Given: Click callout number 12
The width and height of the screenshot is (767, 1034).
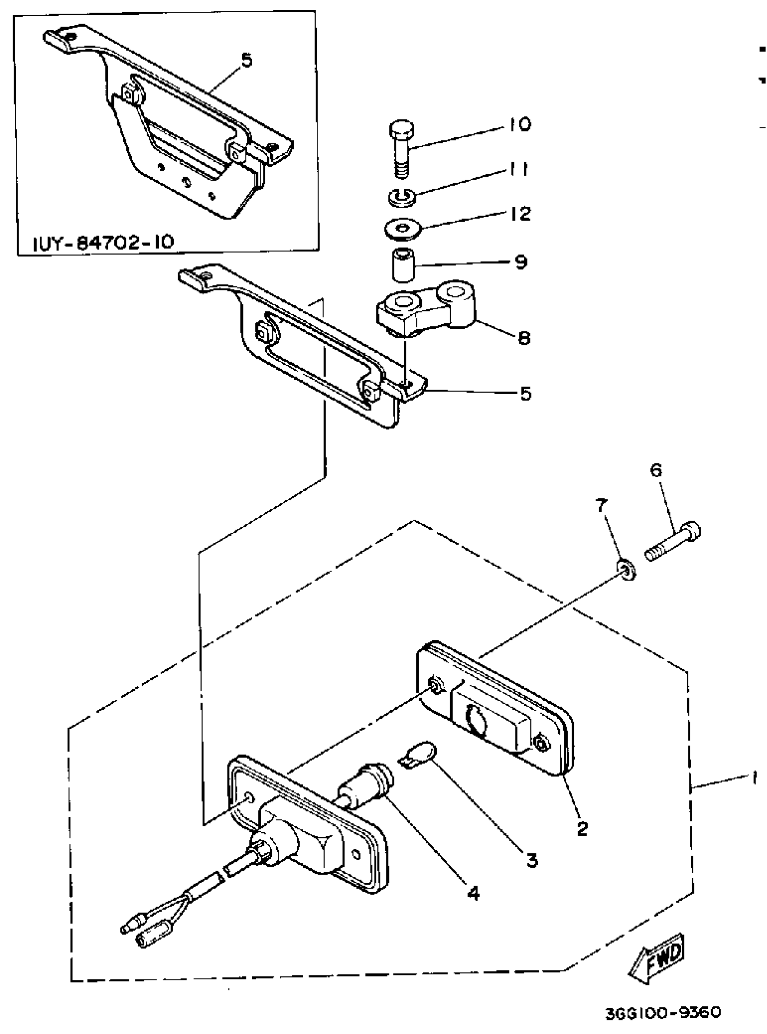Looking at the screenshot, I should tap(520, 214).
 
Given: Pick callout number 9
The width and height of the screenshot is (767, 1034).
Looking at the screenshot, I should tap(521, 262).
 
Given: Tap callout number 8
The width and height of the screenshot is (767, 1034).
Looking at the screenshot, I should tap(523, 338).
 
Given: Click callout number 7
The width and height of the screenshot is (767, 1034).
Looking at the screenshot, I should tap(601, 505).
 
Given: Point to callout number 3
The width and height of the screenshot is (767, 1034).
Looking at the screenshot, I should tap(531, 860).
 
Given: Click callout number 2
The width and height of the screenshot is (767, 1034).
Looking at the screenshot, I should tap(582, 828).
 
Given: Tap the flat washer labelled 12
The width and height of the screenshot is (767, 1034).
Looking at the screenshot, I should tap(402, 230).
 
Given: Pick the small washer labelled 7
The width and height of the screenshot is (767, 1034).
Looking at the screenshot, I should tap(625, 570).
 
